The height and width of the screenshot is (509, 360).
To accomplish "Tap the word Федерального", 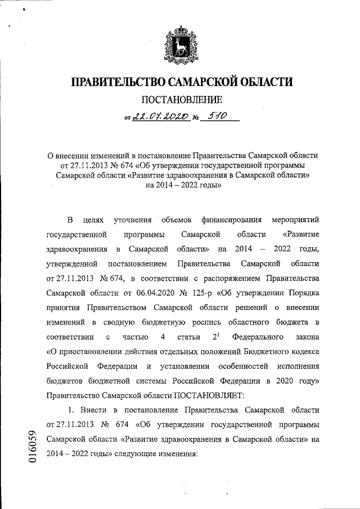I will [x=251, y=336].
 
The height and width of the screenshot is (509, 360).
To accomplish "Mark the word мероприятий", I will [x=295, y=219].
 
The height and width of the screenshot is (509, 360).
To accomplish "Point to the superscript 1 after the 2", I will [x=217, y=334].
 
